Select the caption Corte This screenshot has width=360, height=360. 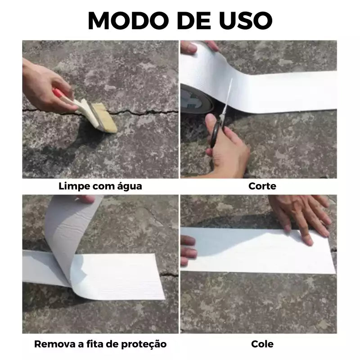pyautogui.click(x=262, y=186)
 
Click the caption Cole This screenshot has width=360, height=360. pyautogui.click(x=262, y=344)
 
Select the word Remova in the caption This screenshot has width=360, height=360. pyautogui.click(x=53, y=344)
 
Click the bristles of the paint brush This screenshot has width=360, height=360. pyautogui.click(x=104, y=118)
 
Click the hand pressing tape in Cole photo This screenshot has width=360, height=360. pyautogui.click(x=301, y=216)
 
